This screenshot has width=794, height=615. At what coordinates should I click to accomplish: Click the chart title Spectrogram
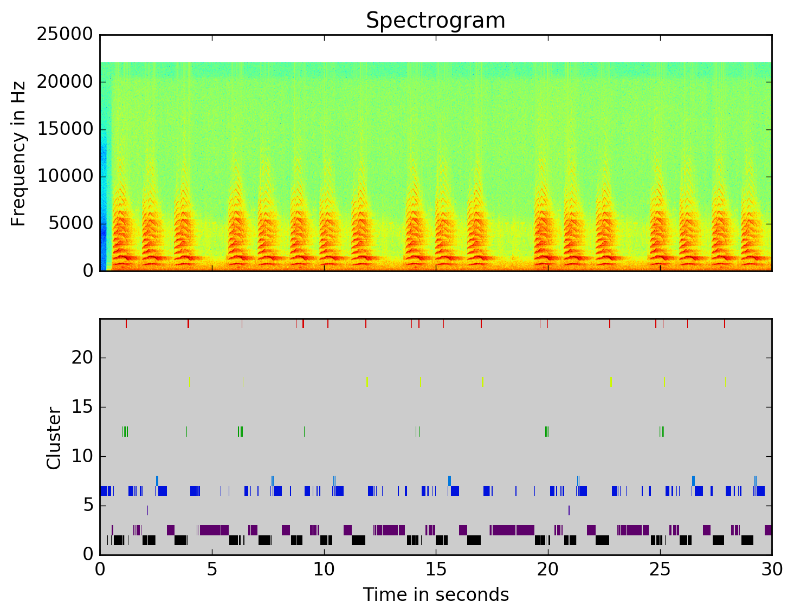(x=435, y=21)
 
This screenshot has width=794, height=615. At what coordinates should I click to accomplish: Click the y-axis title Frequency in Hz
(x=18, y=153)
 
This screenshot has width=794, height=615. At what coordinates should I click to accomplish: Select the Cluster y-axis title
(x=54, y=438)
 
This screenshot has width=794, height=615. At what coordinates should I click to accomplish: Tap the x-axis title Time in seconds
(x=436, y=595)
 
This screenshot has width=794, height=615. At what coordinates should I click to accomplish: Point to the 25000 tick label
(x=64, y=35)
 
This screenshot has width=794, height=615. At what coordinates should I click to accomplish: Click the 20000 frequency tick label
(x=64, y=82)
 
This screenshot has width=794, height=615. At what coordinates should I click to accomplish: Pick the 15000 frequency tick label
(x=64, y=129)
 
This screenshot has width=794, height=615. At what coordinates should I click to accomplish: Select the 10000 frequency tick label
(x=64, y=176)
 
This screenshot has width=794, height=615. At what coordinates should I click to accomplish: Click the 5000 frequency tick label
(x=70, y=223)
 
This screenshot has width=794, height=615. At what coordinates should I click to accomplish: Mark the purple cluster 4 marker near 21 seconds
(x=569, y=510)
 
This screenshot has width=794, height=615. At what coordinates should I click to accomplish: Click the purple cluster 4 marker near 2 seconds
(x=147, y=510)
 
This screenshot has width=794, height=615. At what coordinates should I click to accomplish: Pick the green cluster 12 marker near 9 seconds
(x=304, y=431)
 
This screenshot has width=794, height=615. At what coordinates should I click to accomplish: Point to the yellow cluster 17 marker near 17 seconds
(x=482, y=382)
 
